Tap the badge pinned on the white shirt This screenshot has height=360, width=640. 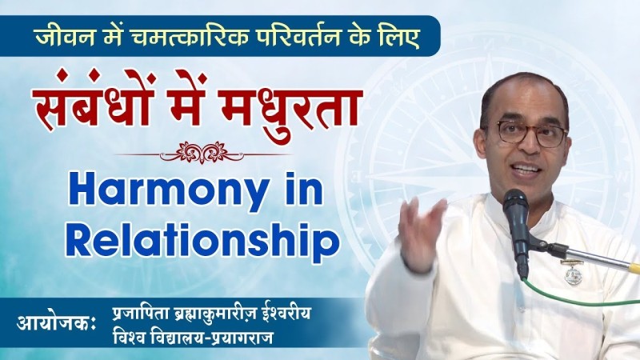click(x=573, y=273)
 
